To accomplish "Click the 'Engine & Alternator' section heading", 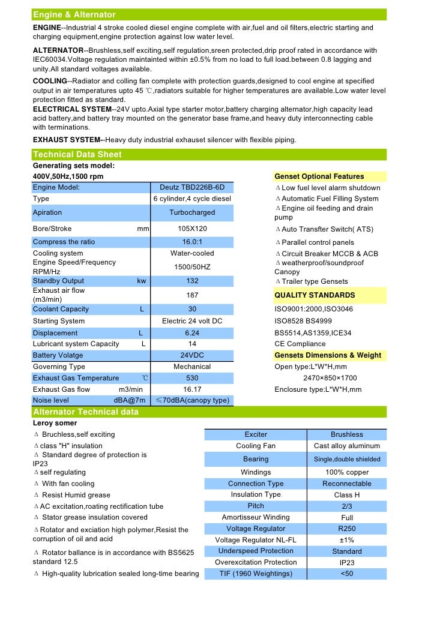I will (x=74, y=14).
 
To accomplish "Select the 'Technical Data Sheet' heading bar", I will (x=77, y=155).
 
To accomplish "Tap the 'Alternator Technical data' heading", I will (x=85, y=412).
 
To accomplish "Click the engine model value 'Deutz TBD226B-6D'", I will (x=192, y=187).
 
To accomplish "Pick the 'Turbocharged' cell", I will (x=192, y=212).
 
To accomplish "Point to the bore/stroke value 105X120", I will (x=192, y=229).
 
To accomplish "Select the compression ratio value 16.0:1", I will (x=192, y=242).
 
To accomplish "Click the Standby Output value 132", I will (x=192, y=281).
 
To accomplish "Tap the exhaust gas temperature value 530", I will (x=192, y=378).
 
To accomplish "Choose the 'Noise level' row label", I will (x=51, y=400).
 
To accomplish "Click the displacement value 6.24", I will (x=192, y=332).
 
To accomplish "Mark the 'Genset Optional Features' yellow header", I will (x=319, y=176).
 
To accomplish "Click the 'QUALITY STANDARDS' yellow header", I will (x=315, y=295).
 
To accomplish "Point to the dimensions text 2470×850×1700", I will (x=330, y=378).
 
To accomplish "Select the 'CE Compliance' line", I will (x=300, y=344).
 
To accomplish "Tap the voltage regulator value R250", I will (x=347, y=529).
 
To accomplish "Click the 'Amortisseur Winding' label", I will (x=256, y=517).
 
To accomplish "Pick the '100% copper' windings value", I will (x=347, y=472).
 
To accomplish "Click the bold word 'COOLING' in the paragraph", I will (x=50, y=81).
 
